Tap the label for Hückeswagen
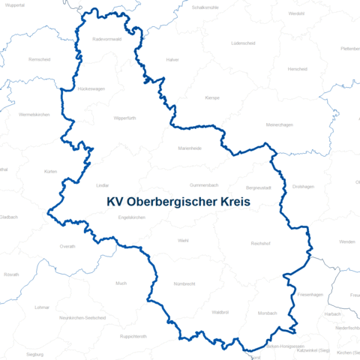[x=91, y=88]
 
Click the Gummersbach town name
[x=203, y=184]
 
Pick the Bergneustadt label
[x=259, y=187]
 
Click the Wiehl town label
[x=183, y=240]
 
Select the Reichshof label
[x=260, y=244]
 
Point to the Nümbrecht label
[x=184, y=284]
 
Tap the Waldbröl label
[x=220, y=311]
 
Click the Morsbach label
[x=267, y=313]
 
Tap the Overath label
[x=67, y=246]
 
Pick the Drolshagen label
[x=303, y=186]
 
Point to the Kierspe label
[x=211, y=97]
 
